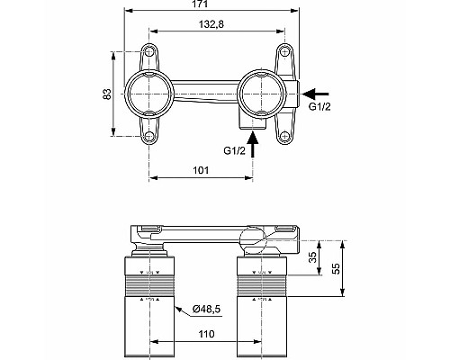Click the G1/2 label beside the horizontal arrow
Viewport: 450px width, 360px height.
(x=320, y=107)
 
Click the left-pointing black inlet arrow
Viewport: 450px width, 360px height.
(x=317, y=92)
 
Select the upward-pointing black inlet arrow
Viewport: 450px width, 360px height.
(x=255, y=144)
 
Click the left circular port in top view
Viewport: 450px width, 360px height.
(x=150, y=92)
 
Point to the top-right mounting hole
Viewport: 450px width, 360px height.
(x=285, y=50)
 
